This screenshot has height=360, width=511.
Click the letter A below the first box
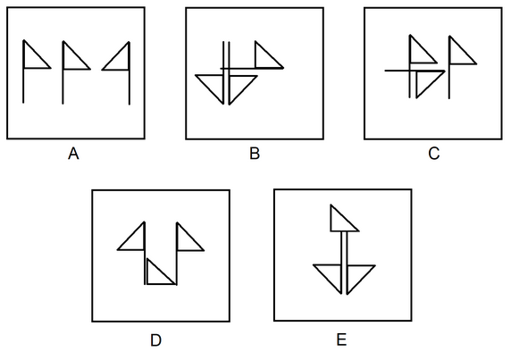pos(73,154)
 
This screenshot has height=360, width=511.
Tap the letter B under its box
pos(255,154)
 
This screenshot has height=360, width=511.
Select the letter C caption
pos(434,154)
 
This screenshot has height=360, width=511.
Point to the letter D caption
pos(155,340)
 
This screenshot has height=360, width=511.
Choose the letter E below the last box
pos(341,339)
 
